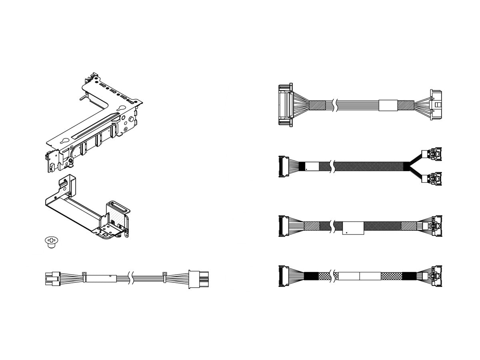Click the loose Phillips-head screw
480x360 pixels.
(50, 242)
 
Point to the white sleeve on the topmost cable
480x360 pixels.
(388, 105)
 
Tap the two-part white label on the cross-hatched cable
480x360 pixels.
(359, 276)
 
